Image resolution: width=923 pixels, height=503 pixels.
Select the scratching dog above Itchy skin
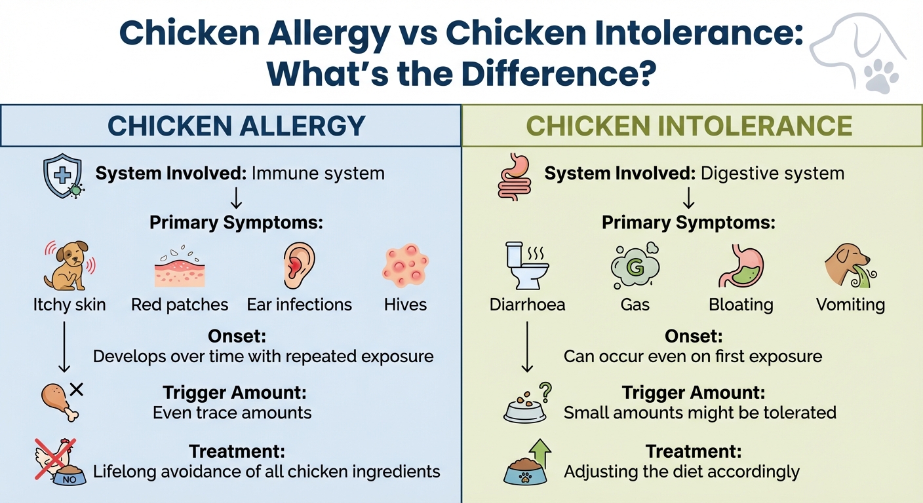[x=68, y=265]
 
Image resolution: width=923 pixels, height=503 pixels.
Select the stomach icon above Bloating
[x=740, y=265]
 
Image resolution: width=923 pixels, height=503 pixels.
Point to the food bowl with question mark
[x=527, y=403]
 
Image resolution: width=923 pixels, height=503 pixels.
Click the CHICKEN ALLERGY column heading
[x=235, y=126]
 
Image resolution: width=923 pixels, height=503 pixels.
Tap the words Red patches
[x=180, y=305]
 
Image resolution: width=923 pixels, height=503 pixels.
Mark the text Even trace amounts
[x=232, y=413]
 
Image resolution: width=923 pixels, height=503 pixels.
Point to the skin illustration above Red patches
[x=180, y=269]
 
